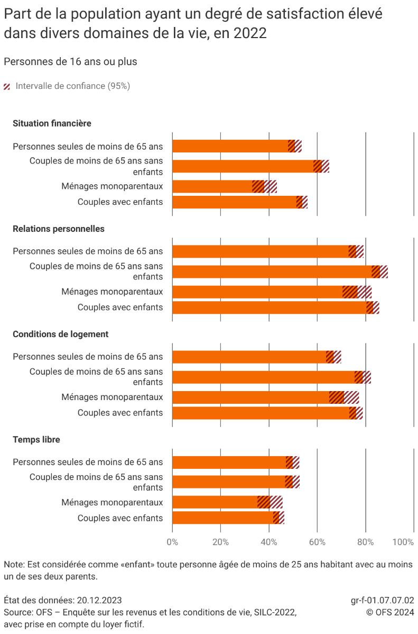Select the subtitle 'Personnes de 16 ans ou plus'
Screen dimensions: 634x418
70,62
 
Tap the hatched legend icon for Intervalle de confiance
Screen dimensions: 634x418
7,86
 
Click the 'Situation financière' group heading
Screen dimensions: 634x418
52,123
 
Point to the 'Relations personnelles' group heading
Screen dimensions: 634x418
58,229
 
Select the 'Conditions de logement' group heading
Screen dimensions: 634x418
60,334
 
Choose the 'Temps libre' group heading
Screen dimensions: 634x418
36,440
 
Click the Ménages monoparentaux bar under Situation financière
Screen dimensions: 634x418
217,186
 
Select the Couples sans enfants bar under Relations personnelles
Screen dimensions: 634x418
275,271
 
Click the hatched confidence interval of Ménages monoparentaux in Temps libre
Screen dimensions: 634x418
270,502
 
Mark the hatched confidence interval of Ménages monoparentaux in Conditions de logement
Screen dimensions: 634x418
344,397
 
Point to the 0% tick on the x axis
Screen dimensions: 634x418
172,542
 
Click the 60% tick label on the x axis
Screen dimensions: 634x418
317,542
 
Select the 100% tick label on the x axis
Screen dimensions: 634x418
404,542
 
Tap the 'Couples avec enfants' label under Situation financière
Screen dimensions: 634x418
120,202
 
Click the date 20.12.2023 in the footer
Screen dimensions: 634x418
99,600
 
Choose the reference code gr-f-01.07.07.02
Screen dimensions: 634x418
382,600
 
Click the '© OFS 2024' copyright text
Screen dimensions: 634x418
391,612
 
